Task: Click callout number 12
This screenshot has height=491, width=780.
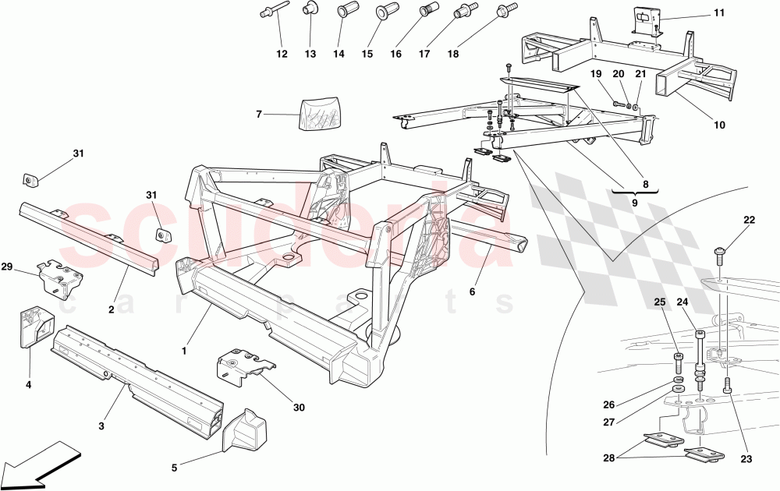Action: click(282, 54)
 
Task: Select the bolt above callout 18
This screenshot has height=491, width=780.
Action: click(505, 10)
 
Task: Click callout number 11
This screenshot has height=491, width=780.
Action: click(718, 12)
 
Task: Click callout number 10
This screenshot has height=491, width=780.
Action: click(718, 125)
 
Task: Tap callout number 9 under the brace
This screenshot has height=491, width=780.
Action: click(635, 202)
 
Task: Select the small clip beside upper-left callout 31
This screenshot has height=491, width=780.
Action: click(30, 180)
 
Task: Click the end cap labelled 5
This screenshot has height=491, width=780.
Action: click(245, 431)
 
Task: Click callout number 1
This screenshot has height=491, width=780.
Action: click(184, 351)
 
